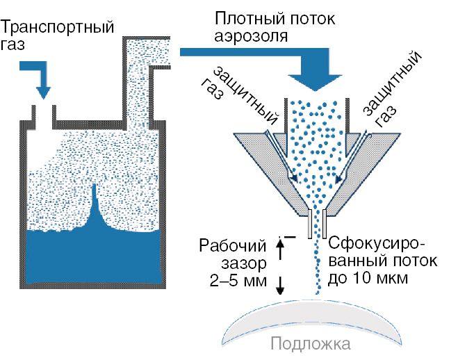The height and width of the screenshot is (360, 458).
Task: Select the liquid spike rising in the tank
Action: click(95, 208)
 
